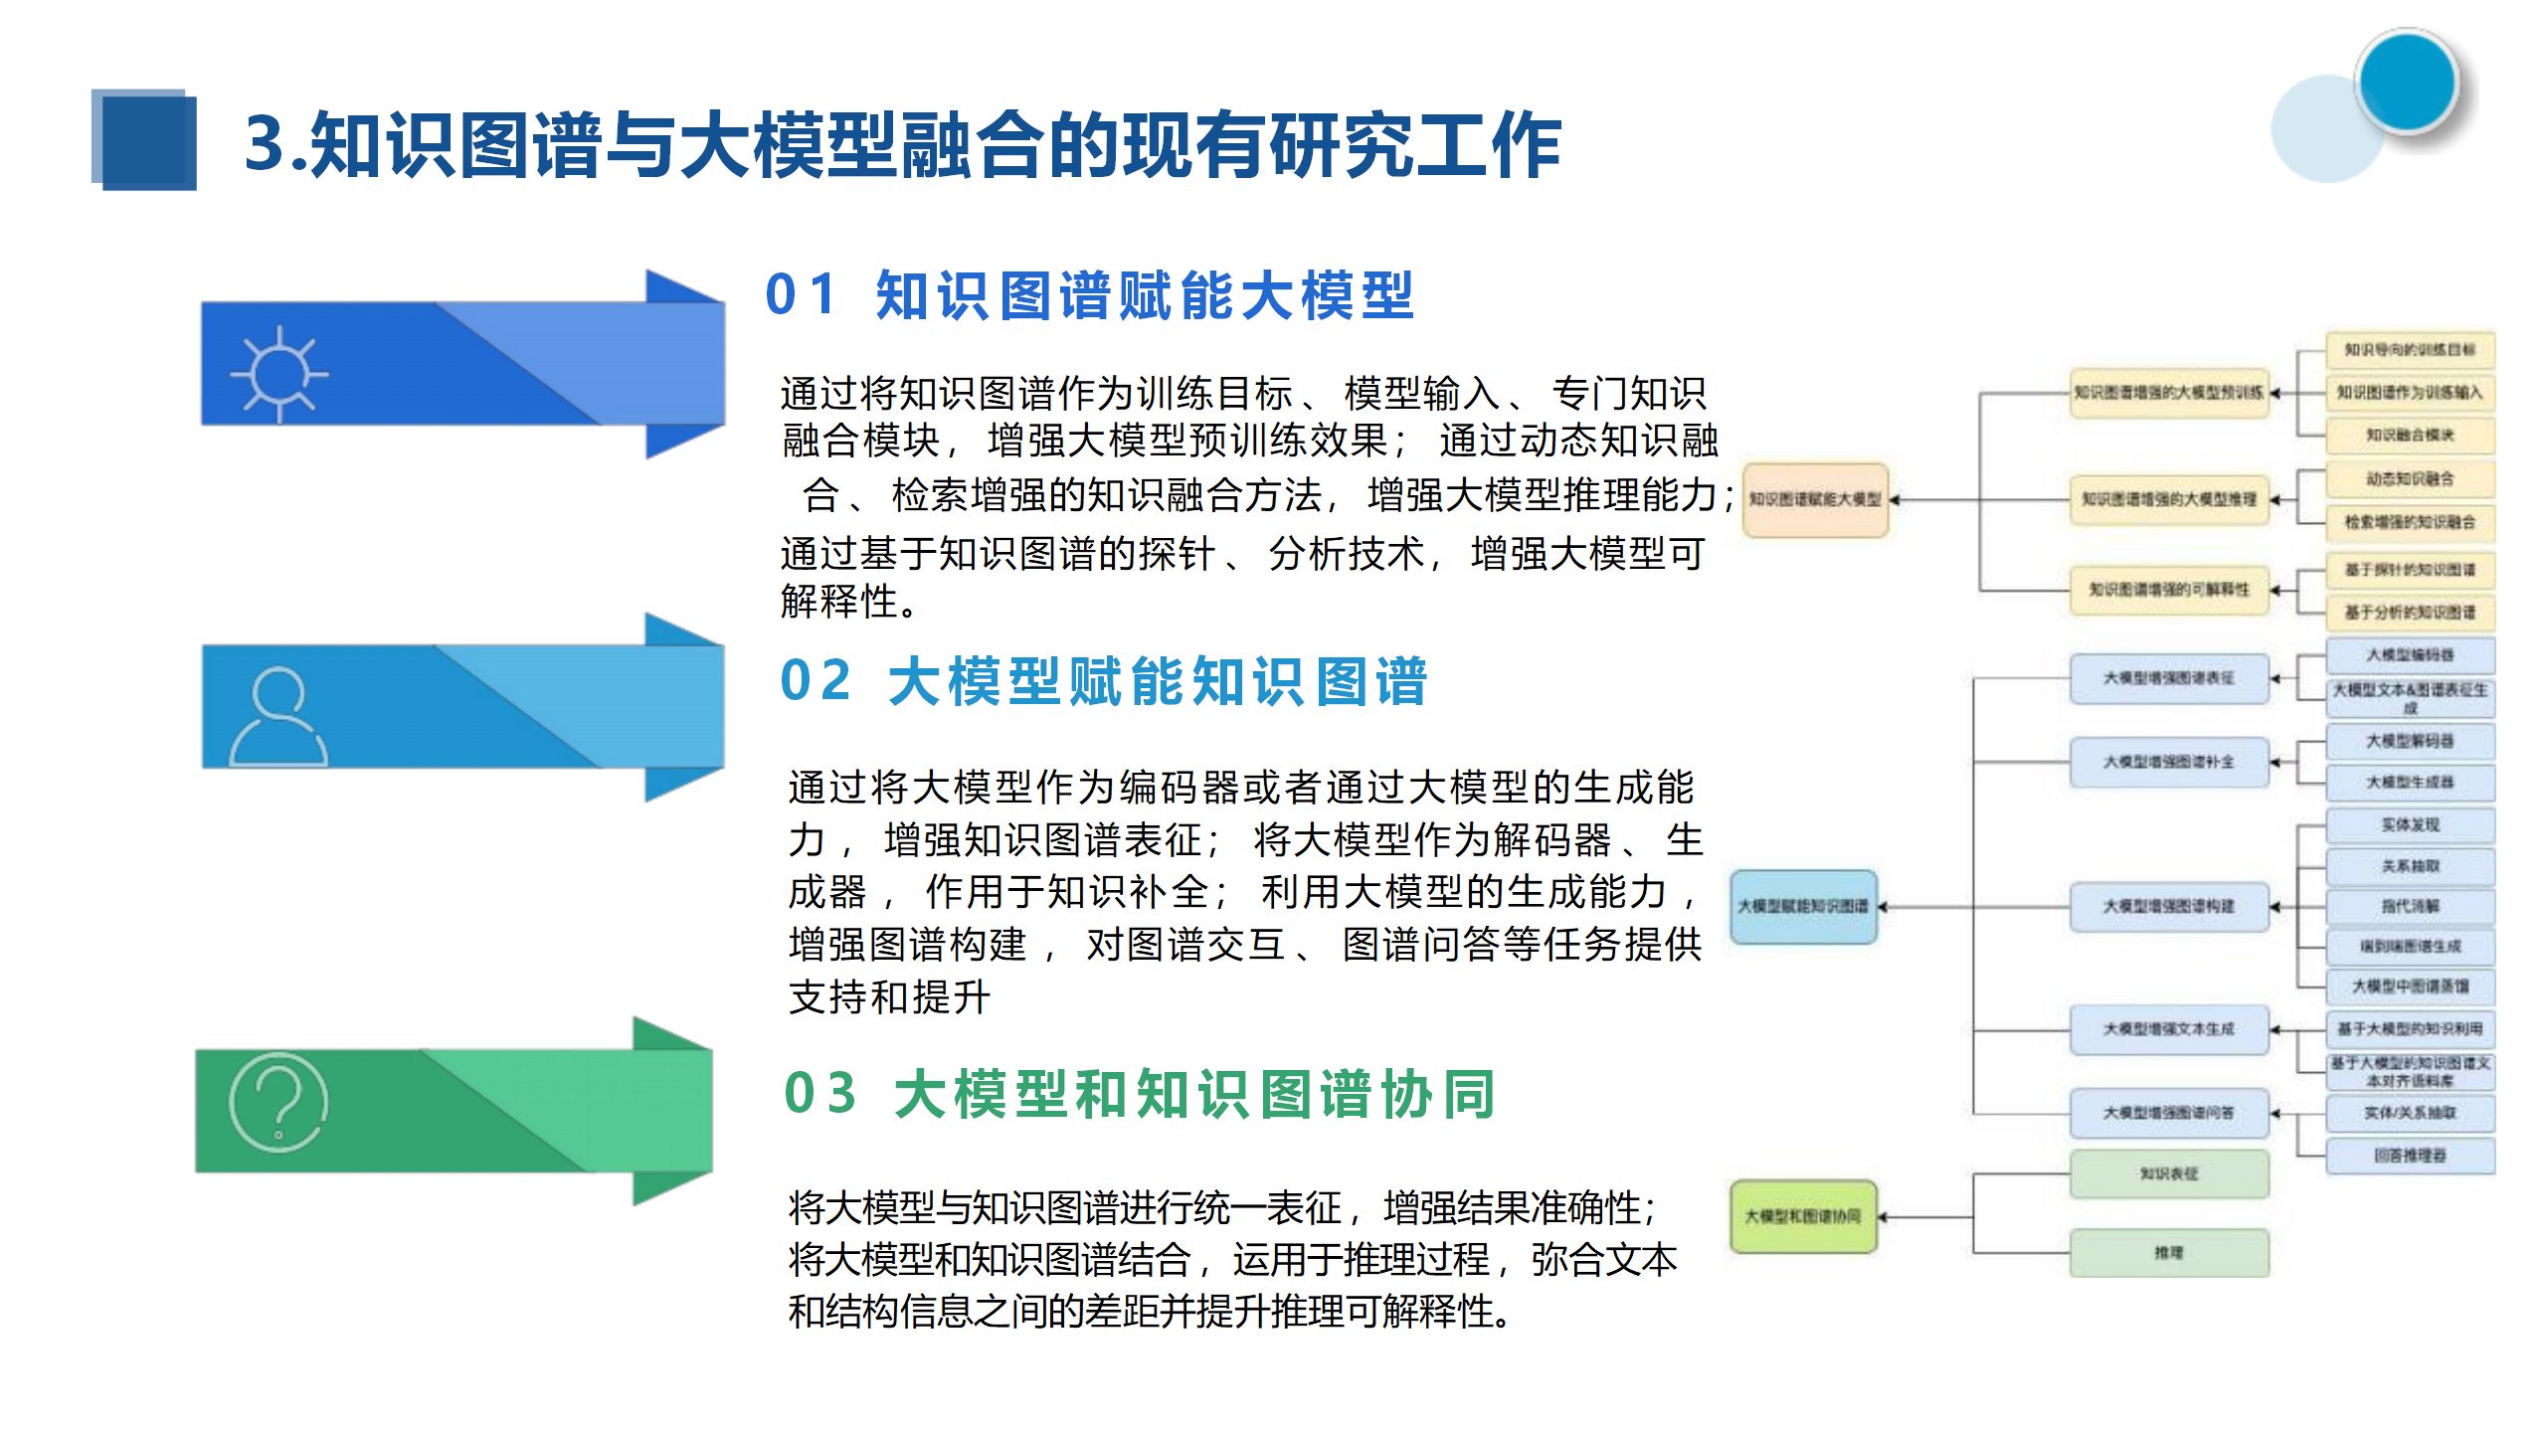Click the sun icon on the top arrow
pos(279,374)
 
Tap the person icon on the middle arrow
pos(278,716)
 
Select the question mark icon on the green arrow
pos(278,1103)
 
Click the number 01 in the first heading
pos(801,295)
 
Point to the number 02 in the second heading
pos(816,681)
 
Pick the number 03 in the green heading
pos(819,1094)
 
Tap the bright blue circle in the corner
pos(2407,82)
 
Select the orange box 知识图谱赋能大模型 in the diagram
pos(1815,499)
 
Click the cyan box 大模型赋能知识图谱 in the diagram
pos(1803,906)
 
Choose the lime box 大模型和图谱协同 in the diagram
pos(1803,1216)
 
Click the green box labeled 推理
pos(2169,1253)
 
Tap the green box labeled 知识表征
pos(2169,1174)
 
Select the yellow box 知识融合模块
pos(2410,435)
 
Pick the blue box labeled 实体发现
pos(2410,824)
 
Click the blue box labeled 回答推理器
pos(2410,1156)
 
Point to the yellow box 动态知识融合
pos(2410,478)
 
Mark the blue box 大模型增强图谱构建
pos(2169,906)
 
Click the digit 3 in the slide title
pos(266,145)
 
